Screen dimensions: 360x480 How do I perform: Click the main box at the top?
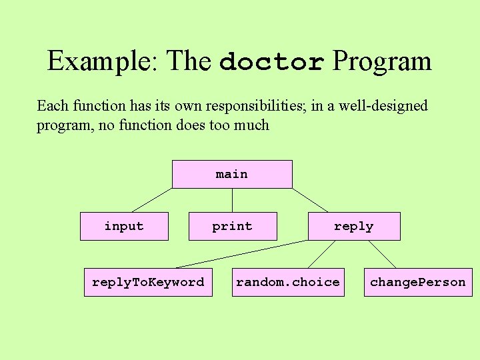coord(232,174)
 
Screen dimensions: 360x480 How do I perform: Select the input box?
coord(124,226)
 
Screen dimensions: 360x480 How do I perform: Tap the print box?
coord(232,226)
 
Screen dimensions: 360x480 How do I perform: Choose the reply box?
coord(353,226)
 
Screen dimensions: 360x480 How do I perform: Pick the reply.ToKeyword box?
coord(148,282)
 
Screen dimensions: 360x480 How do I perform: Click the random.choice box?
coord(288,282)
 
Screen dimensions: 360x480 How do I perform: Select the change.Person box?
coord(418,282)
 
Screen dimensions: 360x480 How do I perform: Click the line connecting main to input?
coord(152,200)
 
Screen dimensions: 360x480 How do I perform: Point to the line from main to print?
coord(232,200)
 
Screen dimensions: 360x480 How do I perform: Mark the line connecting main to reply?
coord(310,200)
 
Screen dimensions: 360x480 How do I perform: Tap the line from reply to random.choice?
coord(321,254)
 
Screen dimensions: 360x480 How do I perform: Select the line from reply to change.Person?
coord(382,254)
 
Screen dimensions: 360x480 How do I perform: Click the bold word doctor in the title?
coord(272,62)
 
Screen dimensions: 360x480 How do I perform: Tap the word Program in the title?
coord(382,61)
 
